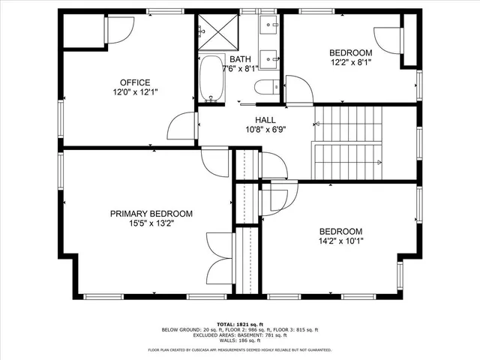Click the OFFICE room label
(x=135, y=82)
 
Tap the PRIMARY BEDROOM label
(x=151, y=214)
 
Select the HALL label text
(x=265, y=120)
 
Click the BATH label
(x=240, y=59)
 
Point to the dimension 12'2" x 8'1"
(x=350, y=62)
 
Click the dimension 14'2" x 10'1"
(x=340, y=241)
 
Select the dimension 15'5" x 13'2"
(x=151, y=223)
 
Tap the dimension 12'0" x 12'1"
(x=135, y=92)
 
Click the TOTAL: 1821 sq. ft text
(x=240, y=324)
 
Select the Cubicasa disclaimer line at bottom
(x=240, y=349)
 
